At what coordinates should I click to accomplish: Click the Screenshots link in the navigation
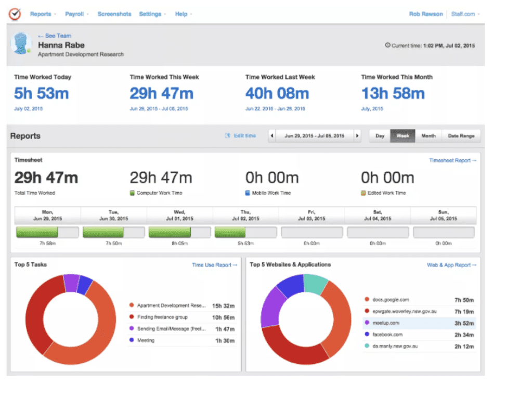114,14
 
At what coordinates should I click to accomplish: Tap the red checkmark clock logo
15,14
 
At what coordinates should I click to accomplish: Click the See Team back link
55,35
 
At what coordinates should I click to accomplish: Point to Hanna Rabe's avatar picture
21,43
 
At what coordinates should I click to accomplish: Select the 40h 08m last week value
277,93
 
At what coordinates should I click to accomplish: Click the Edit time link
240,136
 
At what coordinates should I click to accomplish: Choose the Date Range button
461,136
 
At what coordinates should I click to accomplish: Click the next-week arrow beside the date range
357,136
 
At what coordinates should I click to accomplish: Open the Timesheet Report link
452,160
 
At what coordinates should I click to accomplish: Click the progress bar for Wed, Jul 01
179,232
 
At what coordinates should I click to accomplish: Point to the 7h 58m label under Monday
47,243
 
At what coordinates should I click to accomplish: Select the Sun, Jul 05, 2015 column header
444,215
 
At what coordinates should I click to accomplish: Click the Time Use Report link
214,265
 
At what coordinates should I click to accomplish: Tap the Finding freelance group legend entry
181,317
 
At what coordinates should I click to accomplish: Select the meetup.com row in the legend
419,323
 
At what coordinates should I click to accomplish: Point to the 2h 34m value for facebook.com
464,335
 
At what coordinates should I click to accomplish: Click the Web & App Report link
451,265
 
